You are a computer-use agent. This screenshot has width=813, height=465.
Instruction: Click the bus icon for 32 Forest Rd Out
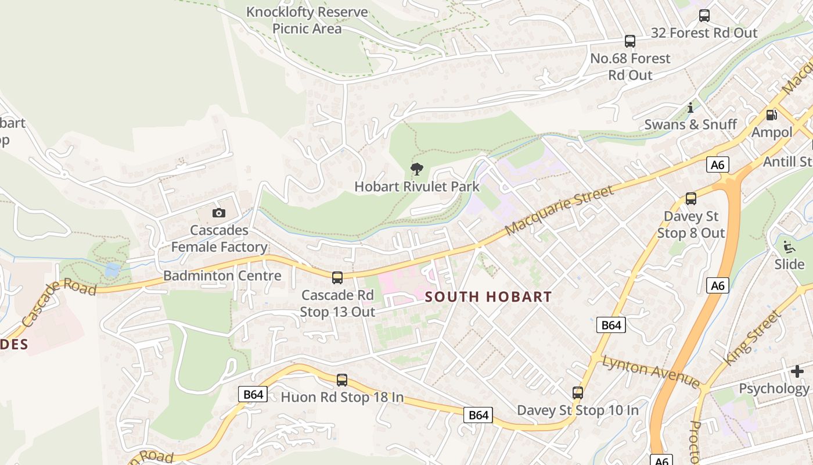click(x=704, y=16)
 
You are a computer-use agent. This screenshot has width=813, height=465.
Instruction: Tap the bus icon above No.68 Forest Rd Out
click(x=630, y=41)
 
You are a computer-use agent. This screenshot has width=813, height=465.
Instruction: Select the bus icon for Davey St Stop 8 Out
click(x=691, y=199)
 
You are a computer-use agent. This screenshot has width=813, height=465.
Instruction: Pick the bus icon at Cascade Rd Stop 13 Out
click(x=337, y=278)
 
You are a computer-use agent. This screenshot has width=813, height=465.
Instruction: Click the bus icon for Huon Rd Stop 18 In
click(x=342, y=380)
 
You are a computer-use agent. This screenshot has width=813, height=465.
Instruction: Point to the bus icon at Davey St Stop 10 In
click(x=578, y=393)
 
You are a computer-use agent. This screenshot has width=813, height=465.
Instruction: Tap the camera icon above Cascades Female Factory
click(x=218, y=213)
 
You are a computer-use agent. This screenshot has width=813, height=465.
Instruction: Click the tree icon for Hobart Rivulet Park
click(x=416, y=169)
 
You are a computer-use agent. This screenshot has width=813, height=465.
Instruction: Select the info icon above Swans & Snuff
click(x=690, y=108)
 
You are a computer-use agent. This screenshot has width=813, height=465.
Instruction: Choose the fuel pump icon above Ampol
click(x=772, y=115)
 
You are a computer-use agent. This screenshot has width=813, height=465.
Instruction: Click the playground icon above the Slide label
click(x=789, y=247)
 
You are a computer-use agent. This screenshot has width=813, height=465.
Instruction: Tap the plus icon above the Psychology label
click(x=797, y=371)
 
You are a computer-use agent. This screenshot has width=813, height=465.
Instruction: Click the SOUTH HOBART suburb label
click(x=488, y=297)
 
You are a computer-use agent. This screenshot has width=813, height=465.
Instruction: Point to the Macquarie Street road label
click(x=559, y=210)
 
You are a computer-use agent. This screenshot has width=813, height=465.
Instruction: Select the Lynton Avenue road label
click(x=651, y=371)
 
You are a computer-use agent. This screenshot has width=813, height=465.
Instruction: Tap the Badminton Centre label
click(x=222, y=276)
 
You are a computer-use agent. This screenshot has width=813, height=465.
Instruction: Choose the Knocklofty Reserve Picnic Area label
click(x=307, y=20)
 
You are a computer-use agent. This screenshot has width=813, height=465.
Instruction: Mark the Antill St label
click(x=787, y=161)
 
